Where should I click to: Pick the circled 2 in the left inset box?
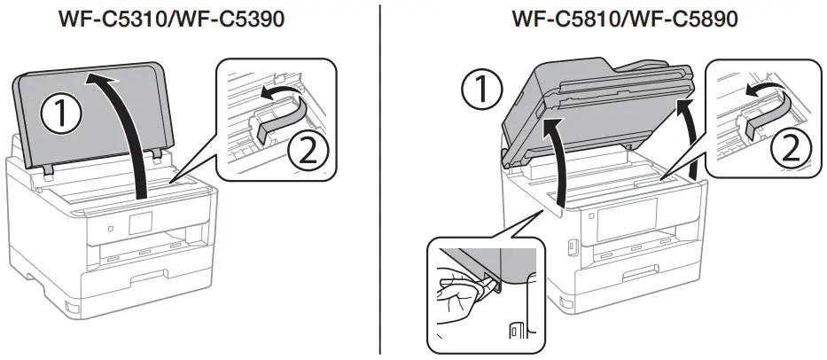coord(308,152)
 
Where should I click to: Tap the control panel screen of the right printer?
coord(626,216)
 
